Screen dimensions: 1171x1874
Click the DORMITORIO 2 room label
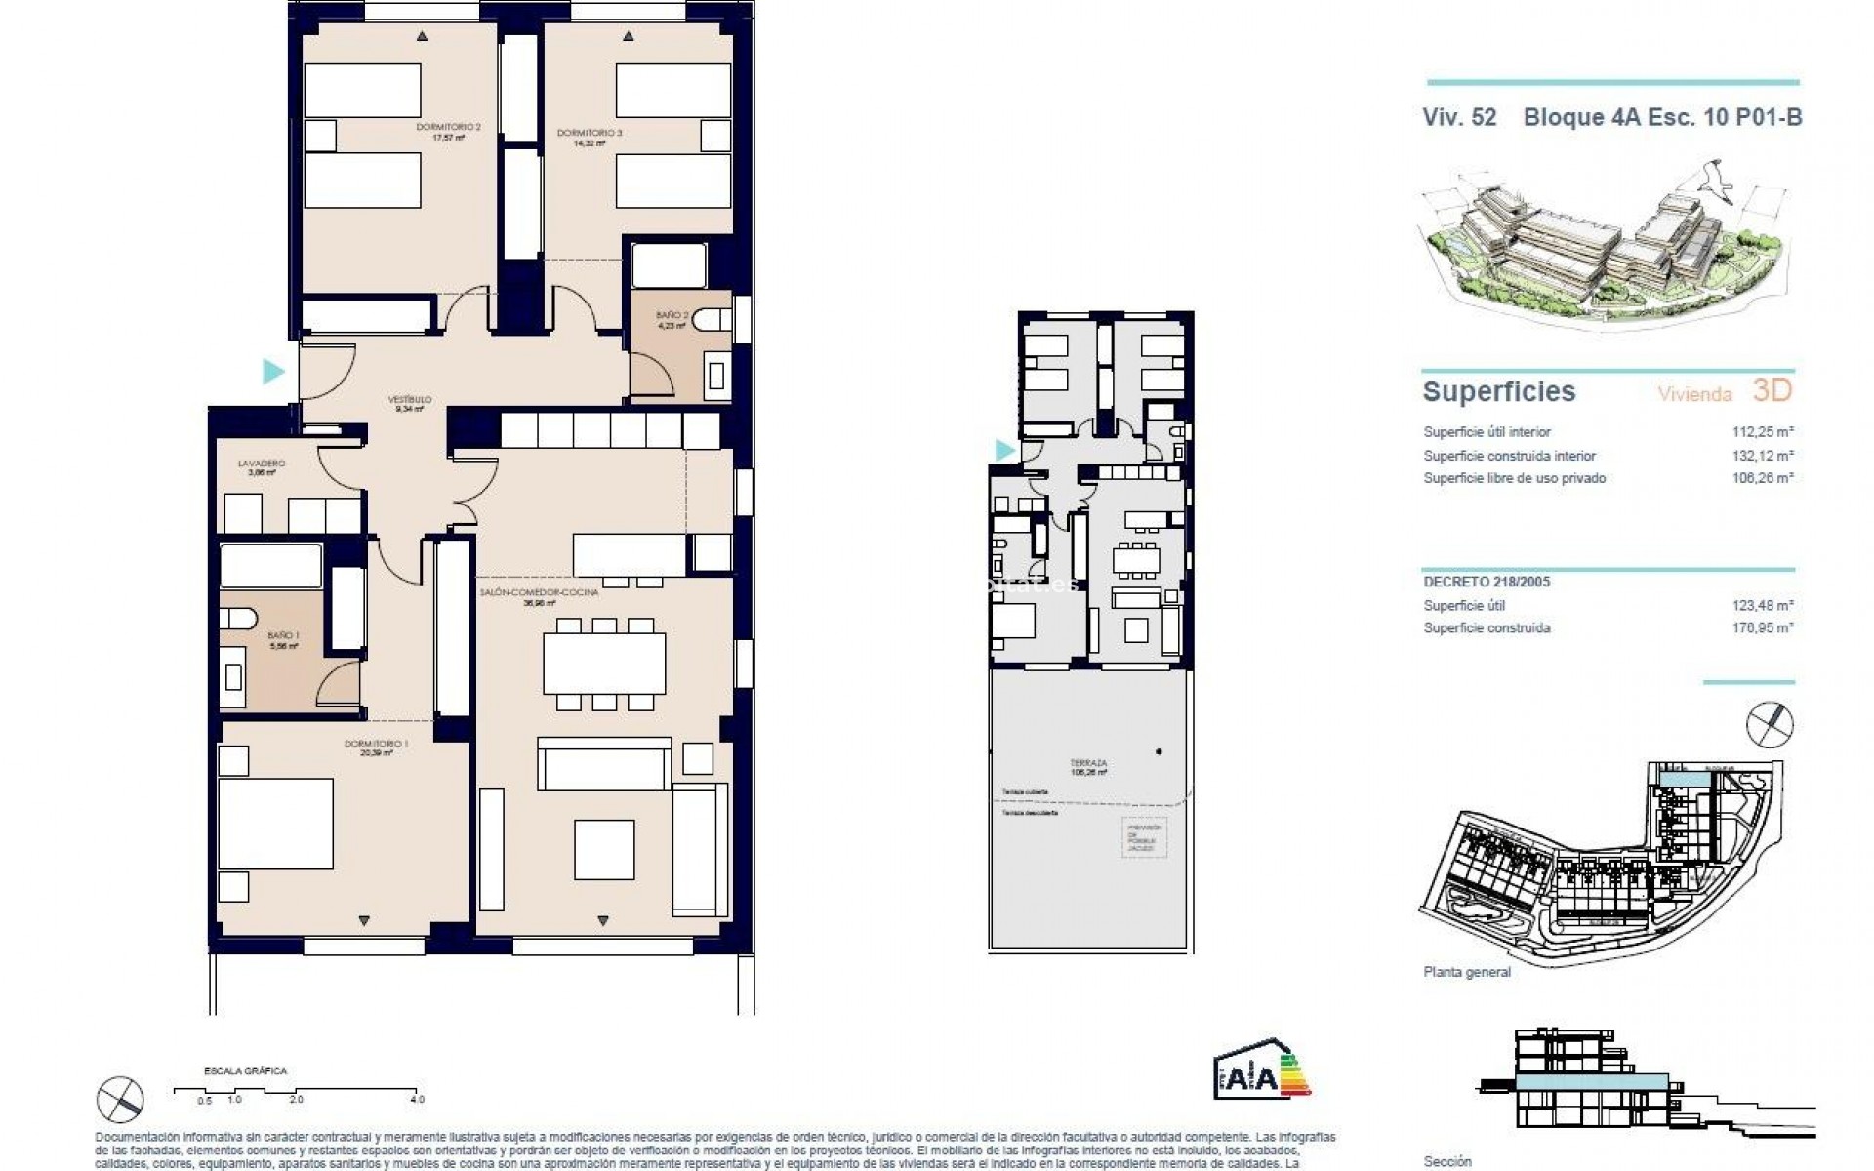coord(448,127)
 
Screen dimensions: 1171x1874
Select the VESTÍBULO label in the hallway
coord(410,400)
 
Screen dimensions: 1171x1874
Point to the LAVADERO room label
coord(261,464)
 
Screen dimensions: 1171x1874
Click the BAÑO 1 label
coord(284,635)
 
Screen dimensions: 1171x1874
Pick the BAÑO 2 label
coord(672,315)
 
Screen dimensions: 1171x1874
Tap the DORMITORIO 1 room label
coord(376,744)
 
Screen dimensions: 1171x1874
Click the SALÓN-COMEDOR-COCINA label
coord(539,592)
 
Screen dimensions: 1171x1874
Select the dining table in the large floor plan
coord(604,663)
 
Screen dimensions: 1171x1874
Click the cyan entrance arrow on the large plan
coord(273,371)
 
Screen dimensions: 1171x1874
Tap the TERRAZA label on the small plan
coord(1088,763)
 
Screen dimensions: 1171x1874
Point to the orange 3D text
coord(1772,390)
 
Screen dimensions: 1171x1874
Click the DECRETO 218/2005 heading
coord(1487,582)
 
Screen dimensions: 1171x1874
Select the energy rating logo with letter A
coord(1261,1071)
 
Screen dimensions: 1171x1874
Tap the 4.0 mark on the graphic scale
coord(418,1099)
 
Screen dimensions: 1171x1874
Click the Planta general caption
coord(1467,972)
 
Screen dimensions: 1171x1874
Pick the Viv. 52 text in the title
coord(1459,118)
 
